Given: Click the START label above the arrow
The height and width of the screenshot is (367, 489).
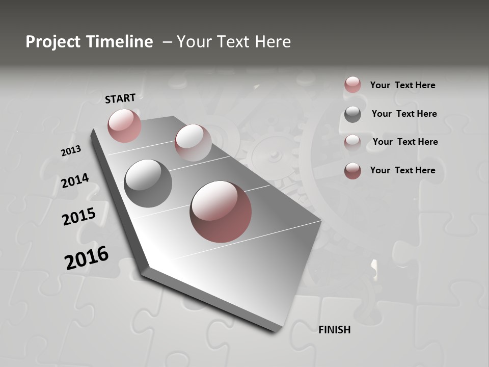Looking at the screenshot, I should pyautogui.click(x=120, y=98).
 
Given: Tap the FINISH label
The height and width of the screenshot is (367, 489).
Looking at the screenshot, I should pyautogui.click(x=334, y=330).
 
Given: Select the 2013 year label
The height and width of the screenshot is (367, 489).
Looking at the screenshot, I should pyautogui.click(x=71, y=151).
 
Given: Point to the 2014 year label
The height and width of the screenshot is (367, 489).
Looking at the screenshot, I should pyautogui.click(x=75, y=181).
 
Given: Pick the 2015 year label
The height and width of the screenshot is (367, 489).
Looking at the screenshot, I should pyautogui.click(x=78, y=217).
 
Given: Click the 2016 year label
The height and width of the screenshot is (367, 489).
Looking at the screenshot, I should pyautogui.click(x=87, y=257).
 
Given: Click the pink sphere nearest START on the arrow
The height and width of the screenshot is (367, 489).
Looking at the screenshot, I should pyautogui.click(x=124, y=125).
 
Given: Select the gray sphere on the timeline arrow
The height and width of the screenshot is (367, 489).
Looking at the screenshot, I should pyautogui.click(x=148, y=183).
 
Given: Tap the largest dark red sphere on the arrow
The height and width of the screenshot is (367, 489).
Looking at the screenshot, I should pyautogui.click(x=221, y=212).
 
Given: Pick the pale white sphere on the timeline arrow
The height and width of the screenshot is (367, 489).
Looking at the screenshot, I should pyautogui.click(x=193, y=142).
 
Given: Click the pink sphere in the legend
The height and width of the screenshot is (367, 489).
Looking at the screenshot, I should pyautogui.click(x=352, y=85).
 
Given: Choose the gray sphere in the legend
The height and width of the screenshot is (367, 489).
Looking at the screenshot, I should pyautogui.click(x=352, y=114).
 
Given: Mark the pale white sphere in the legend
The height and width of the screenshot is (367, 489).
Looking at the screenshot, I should pyautogui.click(x=352, y=142).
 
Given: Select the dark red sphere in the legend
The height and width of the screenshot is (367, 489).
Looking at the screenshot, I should pyautogui.click(x=352, y=171).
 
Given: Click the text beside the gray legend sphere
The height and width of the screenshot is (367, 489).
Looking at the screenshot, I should pyautogui.click(x=404, y=114).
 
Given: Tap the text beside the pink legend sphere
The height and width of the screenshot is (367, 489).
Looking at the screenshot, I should pyautogui.click(x=402, y=85).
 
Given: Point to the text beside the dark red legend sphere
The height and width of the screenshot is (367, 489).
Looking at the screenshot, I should pyautogui.click(x=402, y=170).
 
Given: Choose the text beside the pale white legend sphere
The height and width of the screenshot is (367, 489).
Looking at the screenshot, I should pyautogui.click(x=405, y=142).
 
